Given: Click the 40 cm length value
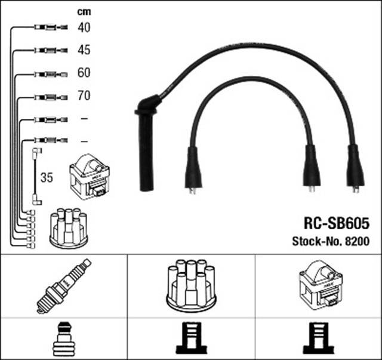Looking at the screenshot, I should tap(84, 27).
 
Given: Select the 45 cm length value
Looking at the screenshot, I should tap(84, 50).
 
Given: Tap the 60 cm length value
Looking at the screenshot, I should tap(84, 73).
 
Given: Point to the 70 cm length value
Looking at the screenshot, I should tap(84, 96).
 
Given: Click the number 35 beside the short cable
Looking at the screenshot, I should tap(47, 177).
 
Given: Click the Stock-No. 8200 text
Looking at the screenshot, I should tap(331, 242).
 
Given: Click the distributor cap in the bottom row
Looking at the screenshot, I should tap(191, 285).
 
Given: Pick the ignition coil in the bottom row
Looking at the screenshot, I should tap(319, 285).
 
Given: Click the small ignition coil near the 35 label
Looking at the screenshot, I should tap(89, 177).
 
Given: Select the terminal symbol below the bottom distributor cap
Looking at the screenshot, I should tap(190, 339).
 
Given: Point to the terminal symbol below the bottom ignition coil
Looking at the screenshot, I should tap(319, 339).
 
